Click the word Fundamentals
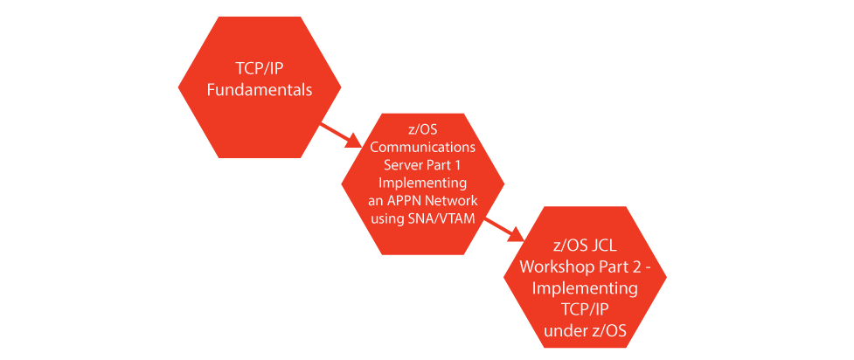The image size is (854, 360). [260, 90]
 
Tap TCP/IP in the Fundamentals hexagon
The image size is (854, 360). [260, 69]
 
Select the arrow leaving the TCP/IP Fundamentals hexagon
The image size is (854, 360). [341, 135]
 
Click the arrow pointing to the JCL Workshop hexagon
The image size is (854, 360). [503, 229]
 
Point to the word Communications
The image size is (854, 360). [423, 148]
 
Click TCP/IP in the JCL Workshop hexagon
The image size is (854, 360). [585, 310]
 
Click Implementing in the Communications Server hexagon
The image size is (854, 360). [423, 183]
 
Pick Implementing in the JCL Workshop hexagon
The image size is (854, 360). [585, 289]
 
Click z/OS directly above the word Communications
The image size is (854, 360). [423, 130]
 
